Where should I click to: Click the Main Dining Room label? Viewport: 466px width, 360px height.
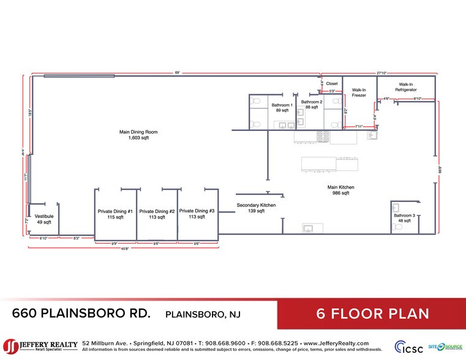click(133, 135)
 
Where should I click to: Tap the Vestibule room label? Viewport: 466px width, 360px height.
click(44, 219)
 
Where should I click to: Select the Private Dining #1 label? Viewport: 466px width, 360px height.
click(115, 214)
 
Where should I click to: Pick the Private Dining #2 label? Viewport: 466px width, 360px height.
click(157, 214)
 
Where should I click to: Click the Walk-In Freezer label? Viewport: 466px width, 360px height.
click(359, 92)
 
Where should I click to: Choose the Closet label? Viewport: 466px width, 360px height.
click(331, 84)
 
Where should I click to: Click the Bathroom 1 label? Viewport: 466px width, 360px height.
click(282, 108)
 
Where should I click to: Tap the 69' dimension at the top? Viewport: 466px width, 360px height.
click(178, 73)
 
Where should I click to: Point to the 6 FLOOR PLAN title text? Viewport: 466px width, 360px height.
click(372, 314)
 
